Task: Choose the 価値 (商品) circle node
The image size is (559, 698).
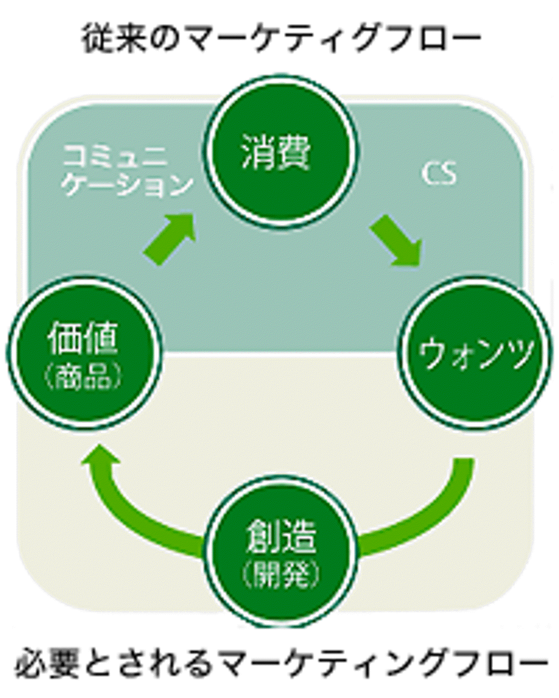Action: [x=84, y=352]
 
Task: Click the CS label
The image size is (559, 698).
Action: [x=439, y=173]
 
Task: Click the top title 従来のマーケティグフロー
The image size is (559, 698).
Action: [x=282, y=38]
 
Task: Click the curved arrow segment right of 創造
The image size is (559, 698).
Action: [x=419, y=519]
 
